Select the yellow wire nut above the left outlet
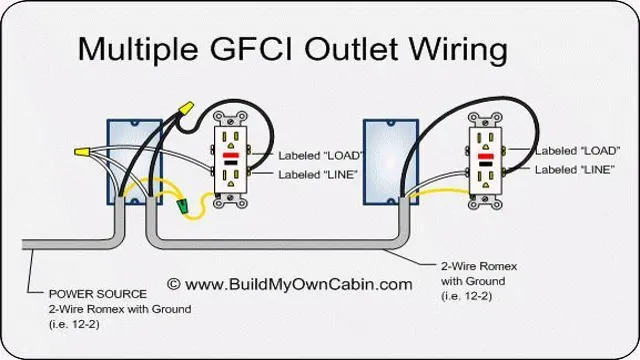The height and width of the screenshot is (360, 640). (185, 106)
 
